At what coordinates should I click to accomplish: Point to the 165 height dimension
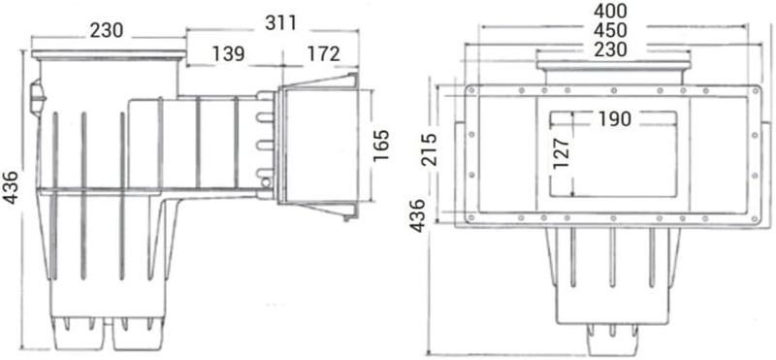[x=380, y=146]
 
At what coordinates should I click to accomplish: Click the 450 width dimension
[x=610, y=29]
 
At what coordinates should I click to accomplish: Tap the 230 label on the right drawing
[x=610, y=48]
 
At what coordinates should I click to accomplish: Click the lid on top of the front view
[x=613, y=67]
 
